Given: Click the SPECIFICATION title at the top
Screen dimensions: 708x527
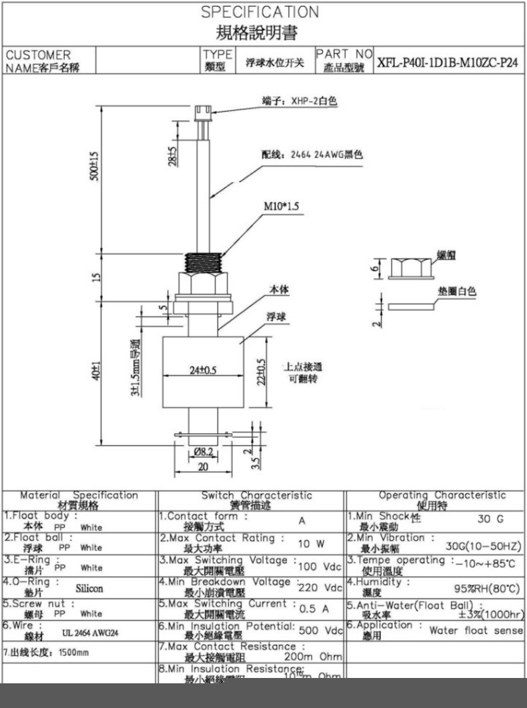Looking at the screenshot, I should point(260,12).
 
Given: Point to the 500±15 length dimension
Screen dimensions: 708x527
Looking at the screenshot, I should point(95,165).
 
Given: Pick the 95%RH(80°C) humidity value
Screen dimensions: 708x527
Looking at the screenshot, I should point(486,589).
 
